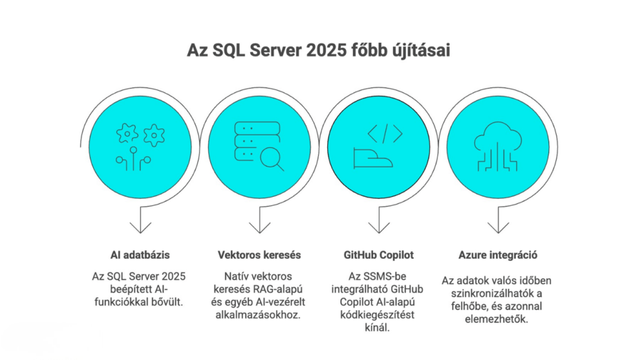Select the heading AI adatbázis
pyautogui.click(x=140, y=256)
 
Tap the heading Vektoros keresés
pyautogui.click(x=259, y=256)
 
